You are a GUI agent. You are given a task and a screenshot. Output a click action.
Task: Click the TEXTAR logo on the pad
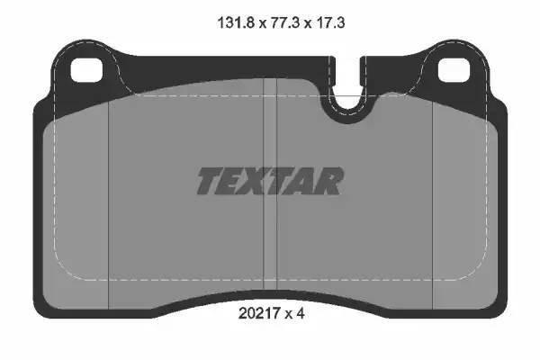[x=269, y=181]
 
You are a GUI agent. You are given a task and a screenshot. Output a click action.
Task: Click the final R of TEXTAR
[x=329, y=181]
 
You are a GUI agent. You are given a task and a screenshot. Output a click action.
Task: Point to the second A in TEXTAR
[x=306, y=181]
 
